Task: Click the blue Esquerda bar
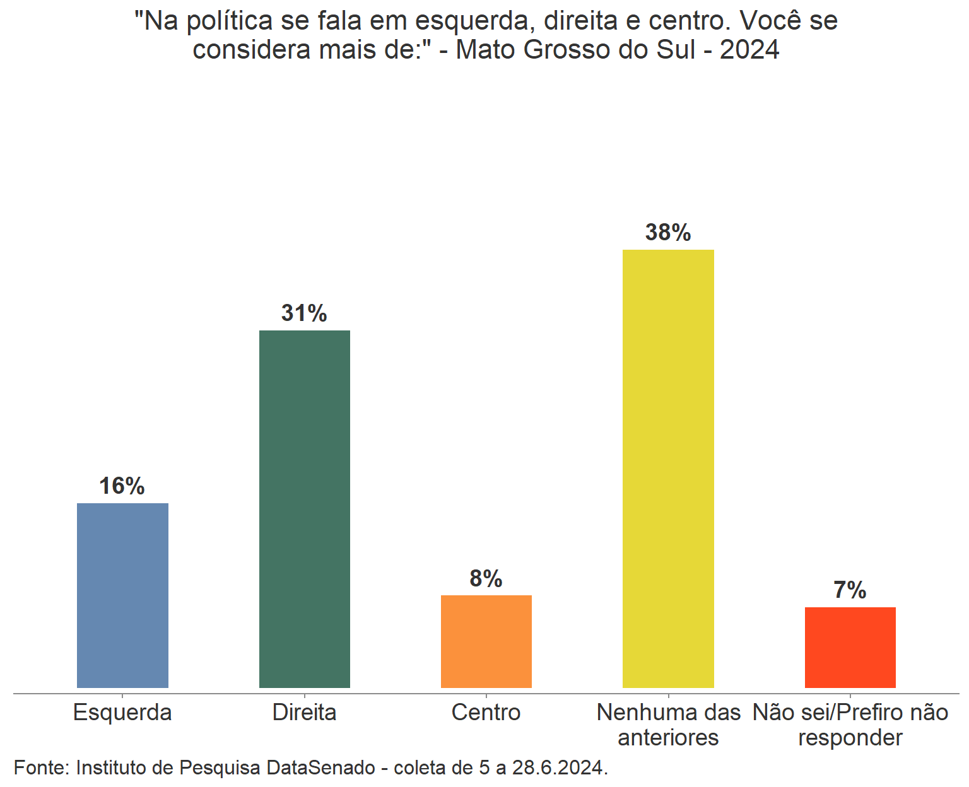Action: pyautogui.click(x=122, y=595)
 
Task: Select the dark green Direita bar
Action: pyautogui.click(x=305, y=509)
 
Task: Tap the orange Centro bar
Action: pyautogui.click(x=486, y=641)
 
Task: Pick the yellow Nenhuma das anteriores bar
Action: pyautogui.click(x=668, y=469)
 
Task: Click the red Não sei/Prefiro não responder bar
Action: pyautogui.click(x=850, y=647)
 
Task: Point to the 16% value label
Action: pyautogui.click(x=122, y=486)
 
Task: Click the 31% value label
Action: pyautogui.click(x=304, y=313)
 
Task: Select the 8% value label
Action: pyautogui.click(x=486, y=578)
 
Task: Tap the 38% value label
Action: pyautogui.click(x=668, y=233)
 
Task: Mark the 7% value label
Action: pyautogui.click(x=850, y=590)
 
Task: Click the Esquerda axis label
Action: pyautogui.click(x=122, y=713)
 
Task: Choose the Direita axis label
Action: pyautogui.click(x=305, y=713)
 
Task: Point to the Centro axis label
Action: pyautogui.click(x=486, y=713)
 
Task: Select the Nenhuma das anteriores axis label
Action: pyautogui.click(x=668, y=725)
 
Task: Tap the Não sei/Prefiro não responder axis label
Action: pyautogui.click(x=850, y=725)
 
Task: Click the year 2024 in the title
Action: pyautogui.click(x=749, y=50)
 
